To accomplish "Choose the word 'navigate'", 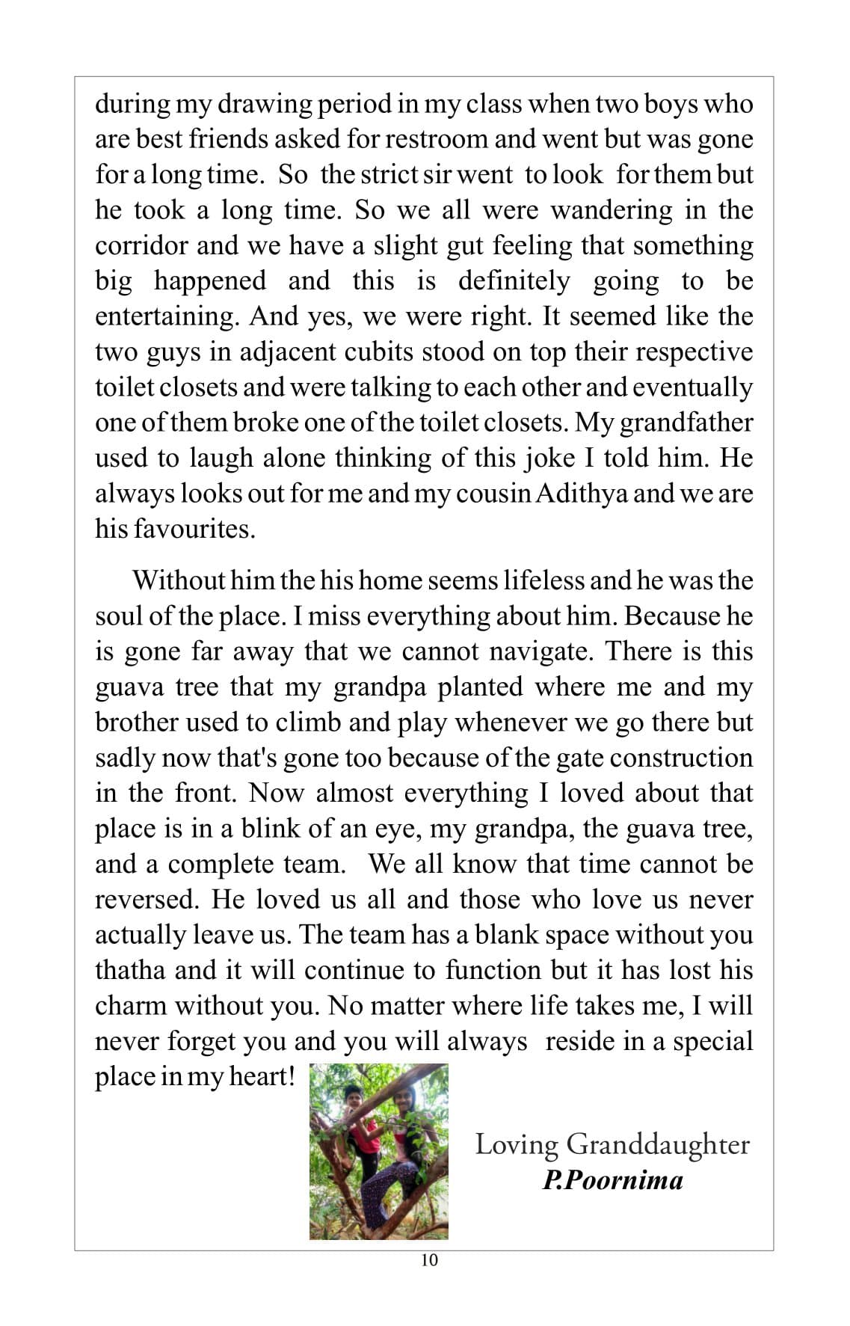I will tap(541, 651).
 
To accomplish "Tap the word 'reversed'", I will tap(147, 900).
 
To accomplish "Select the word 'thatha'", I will tap(130, 971).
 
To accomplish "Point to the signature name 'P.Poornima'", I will tap(612, 1181).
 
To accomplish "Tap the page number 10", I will tap(430, 1260).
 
